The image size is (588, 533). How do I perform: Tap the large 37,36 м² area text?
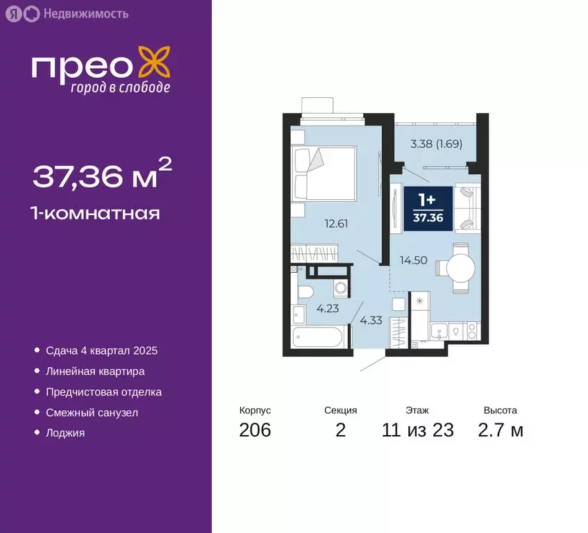point(101,175)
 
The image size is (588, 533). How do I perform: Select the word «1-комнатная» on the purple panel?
point(96,213)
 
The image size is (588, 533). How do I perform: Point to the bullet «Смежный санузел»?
point(92,412)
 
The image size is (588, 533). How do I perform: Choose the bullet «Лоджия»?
point(65,432)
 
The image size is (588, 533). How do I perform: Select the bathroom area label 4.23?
point(328,309)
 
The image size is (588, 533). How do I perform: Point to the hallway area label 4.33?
point(371,321)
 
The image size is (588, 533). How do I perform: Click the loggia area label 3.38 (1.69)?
point(436,145)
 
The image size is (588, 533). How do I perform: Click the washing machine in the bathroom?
point(339,288)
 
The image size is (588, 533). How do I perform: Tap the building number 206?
point(255,430)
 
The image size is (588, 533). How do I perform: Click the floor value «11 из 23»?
point(417,430)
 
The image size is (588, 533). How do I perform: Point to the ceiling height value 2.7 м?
point(500,430)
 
